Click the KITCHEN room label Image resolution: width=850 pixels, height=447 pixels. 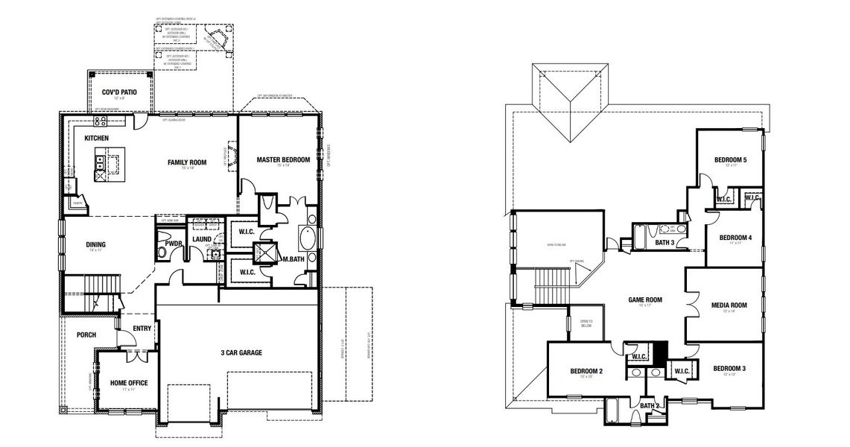pos(98,139)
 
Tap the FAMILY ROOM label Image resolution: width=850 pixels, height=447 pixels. pos(186,162)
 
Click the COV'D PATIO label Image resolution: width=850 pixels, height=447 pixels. pos(120,92)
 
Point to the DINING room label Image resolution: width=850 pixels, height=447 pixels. pos(95,244)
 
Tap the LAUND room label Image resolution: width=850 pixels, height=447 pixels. pos(202,239)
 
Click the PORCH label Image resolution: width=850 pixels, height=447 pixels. pos(86,335)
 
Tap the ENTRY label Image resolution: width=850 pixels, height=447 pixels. pos(142,328)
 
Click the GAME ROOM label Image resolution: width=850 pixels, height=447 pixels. pos(645,300)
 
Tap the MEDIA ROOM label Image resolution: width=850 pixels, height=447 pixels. pos(729,305)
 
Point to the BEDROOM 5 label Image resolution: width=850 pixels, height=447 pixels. pos(730,159)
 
